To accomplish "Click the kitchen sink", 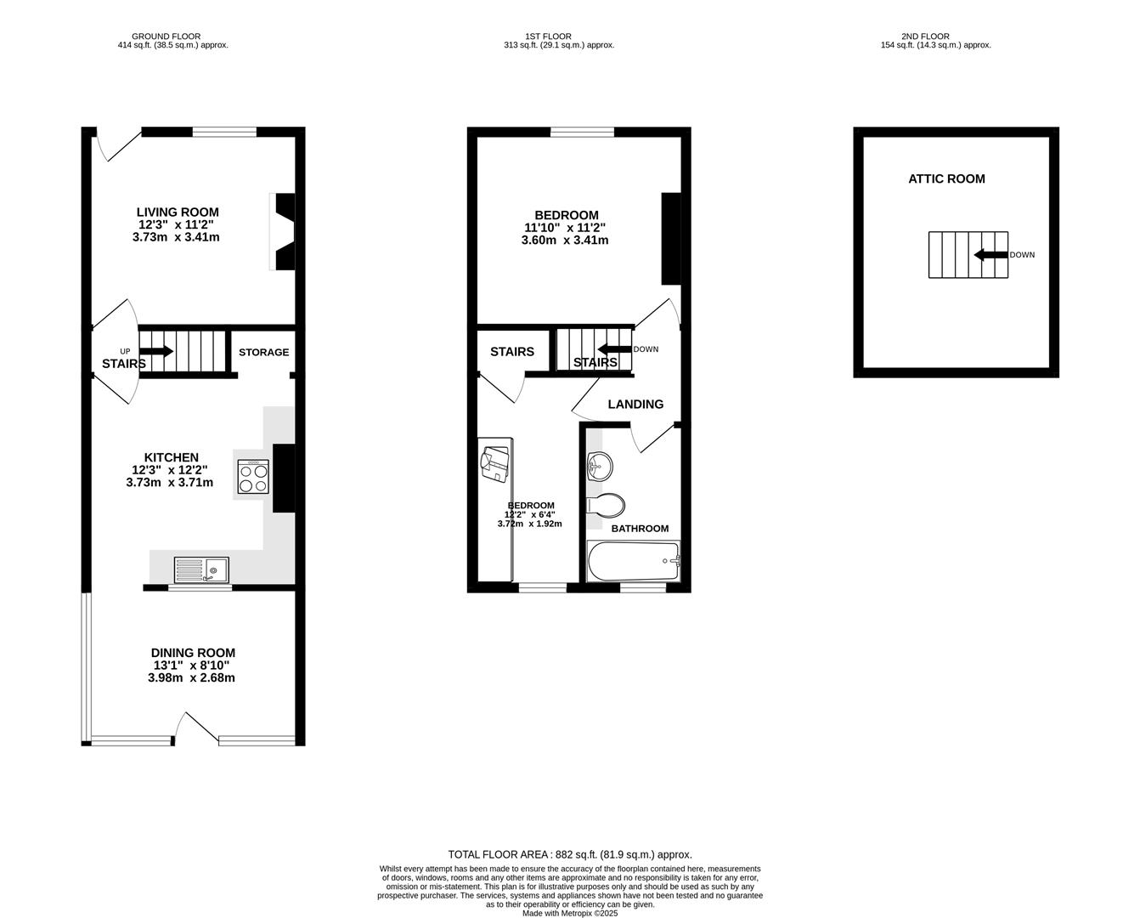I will pyautogui.click(x=201, y=569).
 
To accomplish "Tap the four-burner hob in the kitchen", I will pyautogui.click(x=254, y=476).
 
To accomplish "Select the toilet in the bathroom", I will pyautogui.click(x=606, y=505).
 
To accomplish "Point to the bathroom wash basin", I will pyautogui.click(x=600, y=464).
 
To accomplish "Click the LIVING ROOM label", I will pyautogui.click(x=178, y=212).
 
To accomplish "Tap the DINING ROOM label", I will pyautogui.click(x=193, y=653).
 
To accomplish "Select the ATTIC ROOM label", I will pyautogui.click(x=946, y=178).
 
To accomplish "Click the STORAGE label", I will pyautogui.click(x=263, y=352).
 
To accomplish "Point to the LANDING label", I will pyautogui.click(x=635, y=405).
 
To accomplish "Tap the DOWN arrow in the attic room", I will pyautogui.click(x=990, y=255).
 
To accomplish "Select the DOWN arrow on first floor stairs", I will pyautogui.click(x=614, y=348).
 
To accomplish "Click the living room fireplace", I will pyautogui.click(x=285, y=231).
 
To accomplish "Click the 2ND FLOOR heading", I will pyautogui.click(x=925, y=37).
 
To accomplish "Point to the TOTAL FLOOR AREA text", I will pyautogui.click(x=570, y=854).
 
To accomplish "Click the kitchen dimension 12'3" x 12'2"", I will pyautogui.click(x=169, y=470).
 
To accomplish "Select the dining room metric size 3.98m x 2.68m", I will pyautogui.click(x=191, y=678).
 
